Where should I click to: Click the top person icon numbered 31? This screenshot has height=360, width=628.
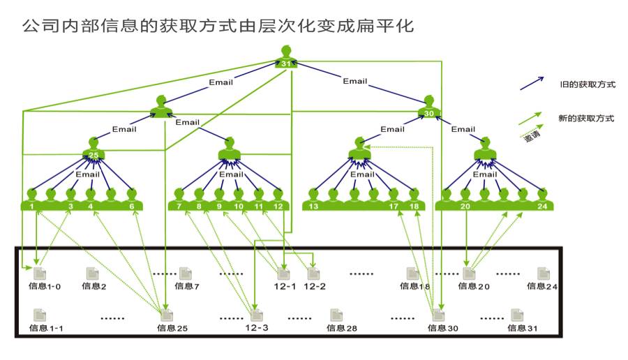(287, 57)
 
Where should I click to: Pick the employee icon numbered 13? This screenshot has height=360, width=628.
(314, 200)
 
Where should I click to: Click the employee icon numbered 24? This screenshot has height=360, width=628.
(541, 200)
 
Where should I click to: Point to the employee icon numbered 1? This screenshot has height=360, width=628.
(32, 200)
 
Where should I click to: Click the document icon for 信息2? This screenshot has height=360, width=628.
(92, 273)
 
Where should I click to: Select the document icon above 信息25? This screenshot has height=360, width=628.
(167, 315)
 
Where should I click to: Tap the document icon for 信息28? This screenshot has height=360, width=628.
(336, 315)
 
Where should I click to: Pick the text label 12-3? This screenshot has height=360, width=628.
(257, 327)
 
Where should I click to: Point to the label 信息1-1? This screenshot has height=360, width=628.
(47, 328)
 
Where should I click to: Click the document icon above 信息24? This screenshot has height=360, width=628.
(542, 273)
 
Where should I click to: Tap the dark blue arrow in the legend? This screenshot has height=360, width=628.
(532, 84)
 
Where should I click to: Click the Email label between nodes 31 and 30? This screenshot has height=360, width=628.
(355, 81)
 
